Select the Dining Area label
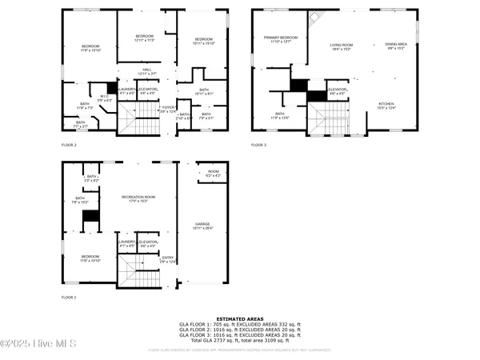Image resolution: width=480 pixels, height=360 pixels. pyautogui.click(x=396, y=46)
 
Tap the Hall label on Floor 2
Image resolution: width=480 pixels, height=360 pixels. pyautogui.click(x=147, y=71)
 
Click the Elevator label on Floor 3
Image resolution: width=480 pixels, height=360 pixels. pyautogui.click(x=337, y=90)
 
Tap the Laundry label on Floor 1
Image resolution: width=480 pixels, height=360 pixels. pyautogui.click(x=127, y=242)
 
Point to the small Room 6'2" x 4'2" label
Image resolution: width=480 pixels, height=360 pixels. pyautogui.click(x=213, y=174)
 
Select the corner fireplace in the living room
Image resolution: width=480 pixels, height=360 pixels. pyautogui.click(x=315, y=19)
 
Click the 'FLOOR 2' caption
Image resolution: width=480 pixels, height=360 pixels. pyautogui.click(x=69, y=145)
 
